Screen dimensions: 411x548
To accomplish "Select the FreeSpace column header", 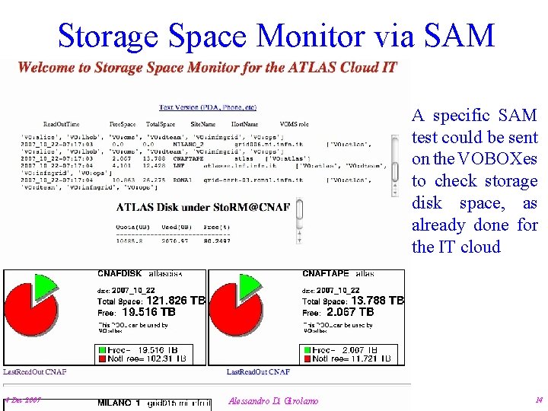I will [x=123, y=123].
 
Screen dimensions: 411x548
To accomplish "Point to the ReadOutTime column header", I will [x=61, y=123].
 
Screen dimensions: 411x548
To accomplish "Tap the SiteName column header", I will [x=203, y=123].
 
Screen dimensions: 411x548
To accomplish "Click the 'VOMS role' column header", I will [x=295, y=123].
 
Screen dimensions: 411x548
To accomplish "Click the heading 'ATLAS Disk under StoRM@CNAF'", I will [x=203, y=207].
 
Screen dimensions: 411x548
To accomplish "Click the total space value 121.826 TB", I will [x=176, y=301].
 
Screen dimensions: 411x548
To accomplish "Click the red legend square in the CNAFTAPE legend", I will [x=307, y=358].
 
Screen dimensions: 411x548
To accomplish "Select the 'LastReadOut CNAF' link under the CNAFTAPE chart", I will [x=258, y=372].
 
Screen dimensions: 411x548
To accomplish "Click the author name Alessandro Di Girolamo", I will [x=273, y=401].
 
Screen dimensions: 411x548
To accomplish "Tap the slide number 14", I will [x=538, y=400].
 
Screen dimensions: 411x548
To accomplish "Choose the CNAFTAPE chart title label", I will [x=327, y=273].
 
